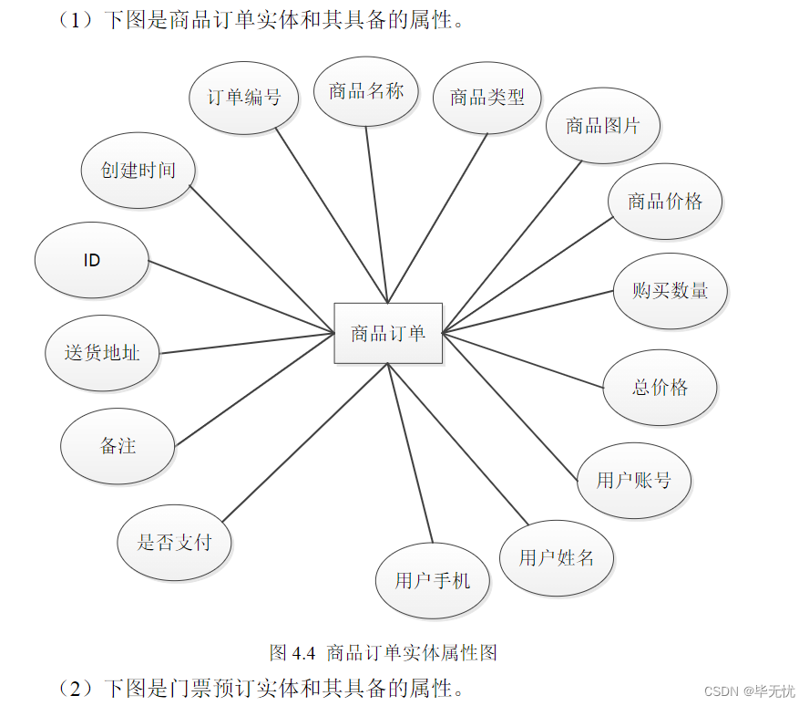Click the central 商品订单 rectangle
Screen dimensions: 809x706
pos(388,333)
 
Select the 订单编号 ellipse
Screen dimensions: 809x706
pos(244,97)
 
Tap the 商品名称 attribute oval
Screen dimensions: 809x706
pos(366,90)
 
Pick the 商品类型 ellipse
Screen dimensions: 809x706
pos(487,97)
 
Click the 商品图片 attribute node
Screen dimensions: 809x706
pos(603,125)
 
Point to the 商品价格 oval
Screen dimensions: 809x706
pos(665,202)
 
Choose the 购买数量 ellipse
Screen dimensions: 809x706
pos(671,291)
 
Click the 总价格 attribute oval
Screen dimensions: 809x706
pos(661,387)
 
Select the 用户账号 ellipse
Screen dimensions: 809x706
pos(634,480)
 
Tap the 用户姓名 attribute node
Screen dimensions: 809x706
pos(557,557)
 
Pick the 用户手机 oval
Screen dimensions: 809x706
pos(433,580)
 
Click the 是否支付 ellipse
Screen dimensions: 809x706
pos(175,543)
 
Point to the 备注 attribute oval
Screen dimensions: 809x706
pos(118,446)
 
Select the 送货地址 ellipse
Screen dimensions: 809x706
pos(102,353)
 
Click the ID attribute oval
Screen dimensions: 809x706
pos(92,260)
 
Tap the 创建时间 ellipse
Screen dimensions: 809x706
pos(138,170)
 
